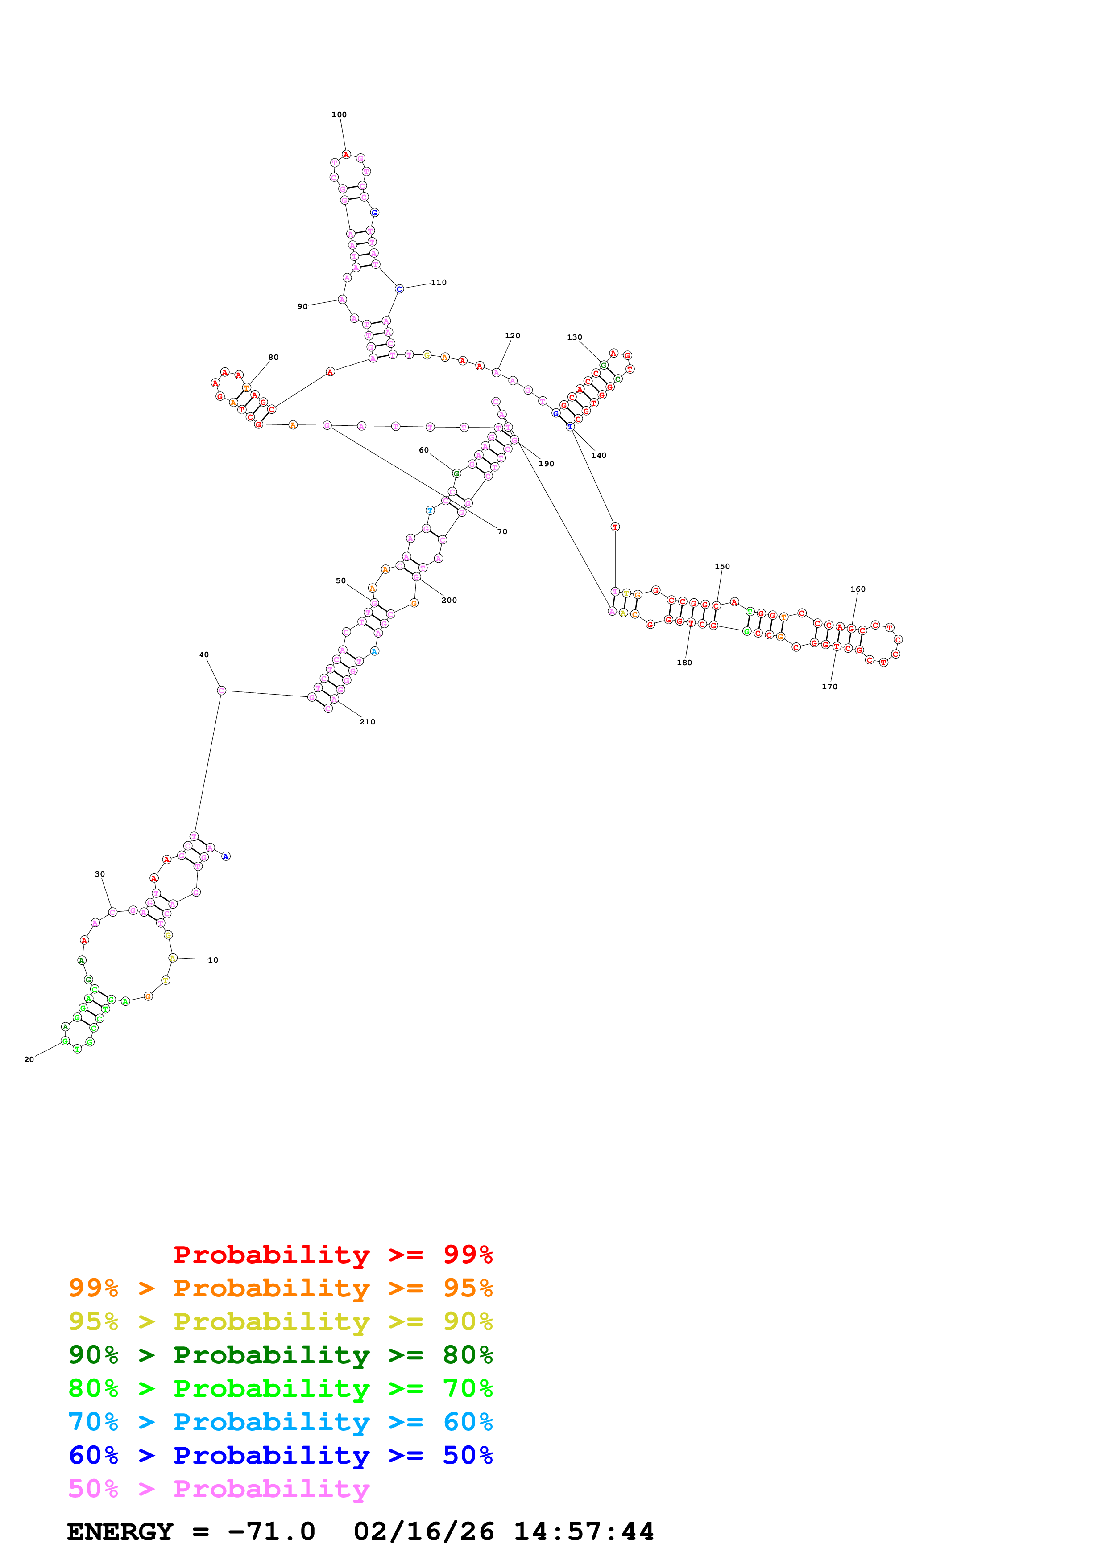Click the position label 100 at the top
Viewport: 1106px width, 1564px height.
pos(339,115)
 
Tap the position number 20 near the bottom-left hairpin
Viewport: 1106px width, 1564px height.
pos(29,1059)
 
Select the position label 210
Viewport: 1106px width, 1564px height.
pos(367,722)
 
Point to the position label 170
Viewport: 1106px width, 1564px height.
pos(829,687)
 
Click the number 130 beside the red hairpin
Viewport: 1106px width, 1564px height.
pos(575,337)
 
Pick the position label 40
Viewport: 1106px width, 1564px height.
pos(204,654)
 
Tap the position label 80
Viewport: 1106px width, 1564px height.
pos(273,357)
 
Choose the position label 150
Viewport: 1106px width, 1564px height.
pos(722,566)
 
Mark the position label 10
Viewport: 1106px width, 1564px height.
pos(213,960)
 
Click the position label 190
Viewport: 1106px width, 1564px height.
pos(547,464)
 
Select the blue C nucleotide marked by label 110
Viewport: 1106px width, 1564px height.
pos(399,289)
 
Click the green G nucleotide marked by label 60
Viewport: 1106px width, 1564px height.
pos(456,473)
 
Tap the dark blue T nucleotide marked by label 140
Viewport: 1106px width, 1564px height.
pos(570,426)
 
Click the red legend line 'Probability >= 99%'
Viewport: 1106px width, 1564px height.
pos(332,1255)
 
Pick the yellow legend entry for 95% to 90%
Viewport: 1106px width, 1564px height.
pos(280,1321)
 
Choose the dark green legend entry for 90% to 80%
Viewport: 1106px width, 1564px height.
pos(280,1355)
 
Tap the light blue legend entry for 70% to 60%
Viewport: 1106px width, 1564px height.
pos(280,1422)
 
